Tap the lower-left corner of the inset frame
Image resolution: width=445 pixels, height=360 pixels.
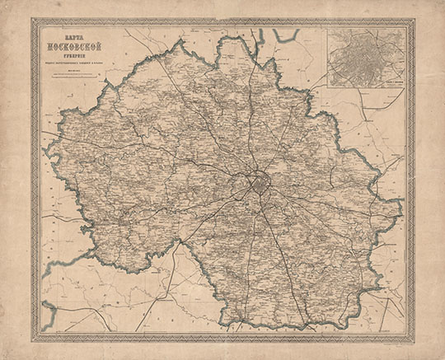pos(328,87)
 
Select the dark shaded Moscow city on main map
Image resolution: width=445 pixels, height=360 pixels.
pos(256,183)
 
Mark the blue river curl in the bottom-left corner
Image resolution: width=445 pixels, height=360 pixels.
pos(49,311)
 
